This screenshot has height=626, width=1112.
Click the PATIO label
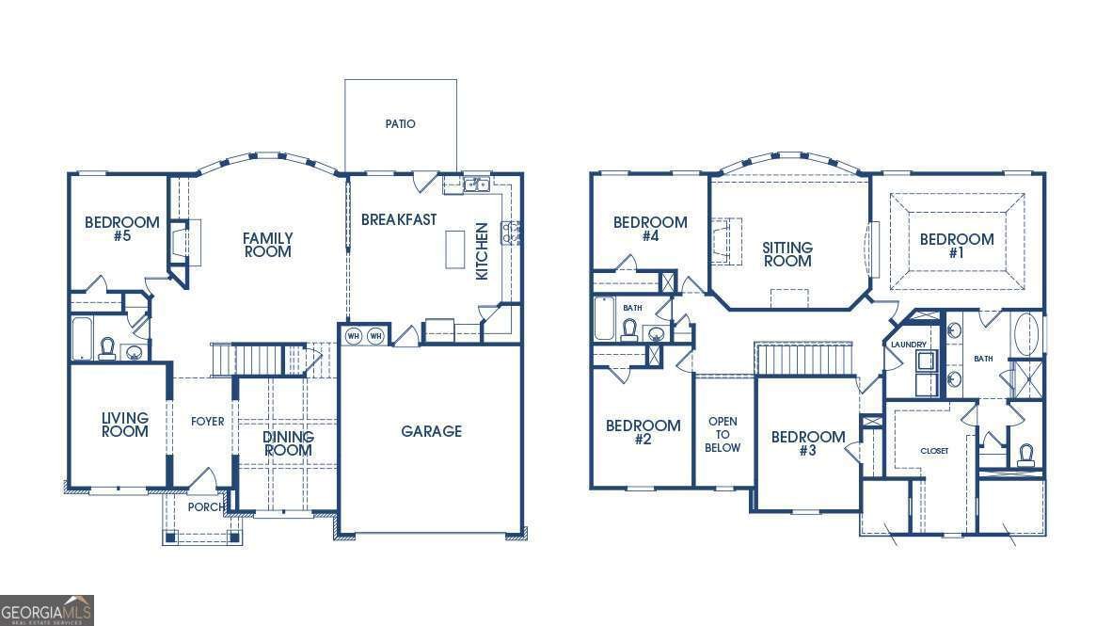pos(400,123)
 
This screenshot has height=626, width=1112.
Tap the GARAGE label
pos(431,431)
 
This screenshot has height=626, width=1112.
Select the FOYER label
pos(207,421)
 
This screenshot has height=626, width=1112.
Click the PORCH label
pos(206,506)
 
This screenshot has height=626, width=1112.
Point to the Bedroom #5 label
pos(122,229)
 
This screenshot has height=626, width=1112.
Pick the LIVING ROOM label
pos(125,425)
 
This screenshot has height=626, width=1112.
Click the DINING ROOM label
pos(288,443)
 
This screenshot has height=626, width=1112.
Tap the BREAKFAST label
pos(399,220)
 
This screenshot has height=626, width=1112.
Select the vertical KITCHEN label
pos(483,251)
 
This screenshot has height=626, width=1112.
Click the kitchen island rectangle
pos(455,249)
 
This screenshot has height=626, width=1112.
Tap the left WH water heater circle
pos(353,336)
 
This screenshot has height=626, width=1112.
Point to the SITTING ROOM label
pos(787,254)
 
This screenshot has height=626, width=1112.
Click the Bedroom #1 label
pos(957,246)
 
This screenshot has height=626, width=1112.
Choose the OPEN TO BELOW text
pos(723,434)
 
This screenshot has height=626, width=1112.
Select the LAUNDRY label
pos(909,345)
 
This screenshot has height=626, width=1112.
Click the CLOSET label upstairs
pos(934,451)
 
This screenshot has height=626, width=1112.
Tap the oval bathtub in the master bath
pos(1026,332)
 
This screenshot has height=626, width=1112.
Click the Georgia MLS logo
pos(47,610)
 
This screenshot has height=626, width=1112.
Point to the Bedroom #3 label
pos(808,443)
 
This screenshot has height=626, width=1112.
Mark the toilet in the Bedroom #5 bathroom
pos(108,347)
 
